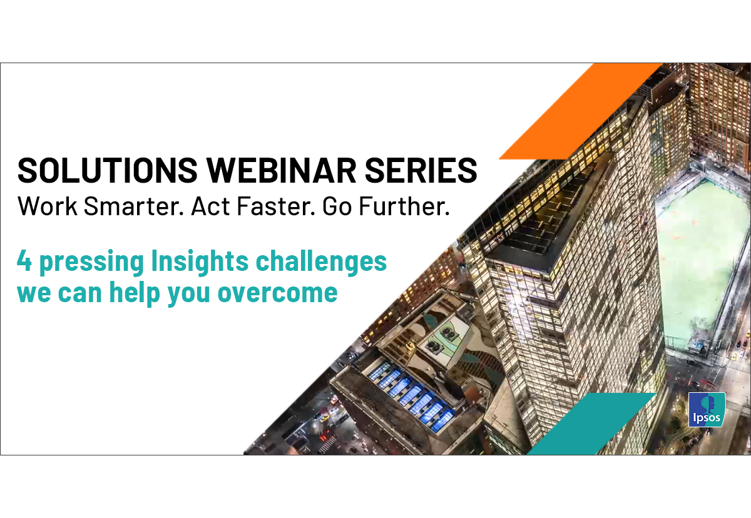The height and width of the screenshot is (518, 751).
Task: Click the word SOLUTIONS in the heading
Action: (x=107, y=170)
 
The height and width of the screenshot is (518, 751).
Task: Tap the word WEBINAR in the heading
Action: (x=281, y=170)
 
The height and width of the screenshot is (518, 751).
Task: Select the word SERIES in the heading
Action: (x=421, y=170)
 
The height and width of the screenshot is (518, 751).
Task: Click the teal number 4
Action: (x=24, y=260)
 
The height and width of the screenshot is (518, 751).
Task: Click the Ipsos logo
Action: (x=707, y=409)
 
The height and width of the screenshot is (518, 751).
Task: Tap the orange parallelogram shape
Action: (x=581, y=111)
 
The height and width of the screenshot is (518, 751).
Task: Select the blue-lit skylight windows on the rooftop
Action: (x=411, y=397)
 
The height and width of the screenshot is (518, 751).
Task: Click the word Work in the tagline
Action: (x=48, y=206)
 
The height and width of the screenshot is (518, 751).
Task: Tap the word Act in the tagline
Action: (x=210, y=206)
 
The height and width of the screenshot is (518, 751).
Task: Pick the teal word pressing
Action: (x=92, y=263)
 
